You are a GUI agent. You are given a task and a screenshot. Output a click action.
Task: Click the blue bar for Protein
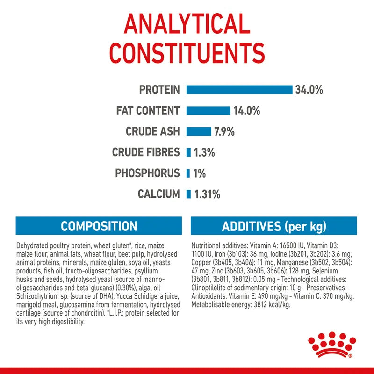tap(239, 90)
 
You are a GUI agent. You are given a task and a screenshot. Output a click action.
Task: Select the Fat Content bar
tap(208, 111)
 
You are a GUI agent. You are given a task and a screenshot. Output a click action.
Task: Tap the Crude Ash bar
tap(199, 131)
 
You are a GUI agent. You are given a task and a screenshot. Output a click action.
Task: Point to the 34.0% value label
tap(309, 90)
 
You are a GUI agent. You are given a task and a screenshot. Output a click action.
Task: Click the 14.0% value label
tap(246, 111)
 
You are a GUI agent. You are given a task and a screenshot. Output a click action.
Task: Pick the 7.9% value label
tap(224, 131)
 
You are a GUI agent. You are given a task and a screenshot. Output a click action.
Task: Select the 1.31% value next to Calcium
tap(207, 194)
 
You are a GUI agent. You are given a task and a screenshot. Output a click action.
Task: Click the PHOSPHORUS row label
tap(147, 173)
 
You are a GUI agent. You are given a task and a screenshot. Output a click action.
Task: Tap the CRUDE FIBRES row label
tap(146, 152)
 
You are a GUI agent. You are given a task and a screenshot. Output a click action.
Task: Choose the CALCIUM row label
tap(158, 194)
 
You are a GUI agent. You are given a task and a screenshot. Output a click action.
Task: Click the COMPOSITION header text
tap(99, 227)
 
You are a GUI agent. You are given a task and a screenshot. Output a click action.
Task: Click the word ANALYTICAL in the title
tap(187, 24)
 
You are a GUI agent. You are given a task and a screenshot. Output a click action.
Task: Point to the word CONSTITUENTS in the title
tap(187, 53)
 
